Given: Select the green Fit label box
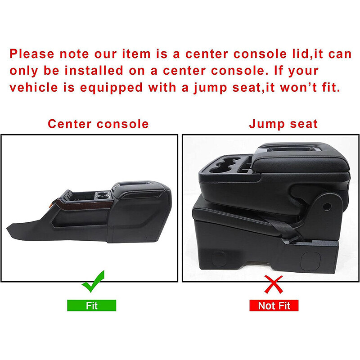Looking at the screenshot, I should coord(92,306).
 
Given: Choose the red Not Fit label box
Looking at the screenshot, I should coord(274,306).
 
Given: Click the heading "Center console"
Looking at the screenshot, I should coord(98,124).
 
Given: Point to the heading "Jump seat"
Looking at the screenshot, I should coord(283,124).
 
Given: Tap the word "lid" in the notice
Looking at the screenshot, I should coord(273,54).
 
